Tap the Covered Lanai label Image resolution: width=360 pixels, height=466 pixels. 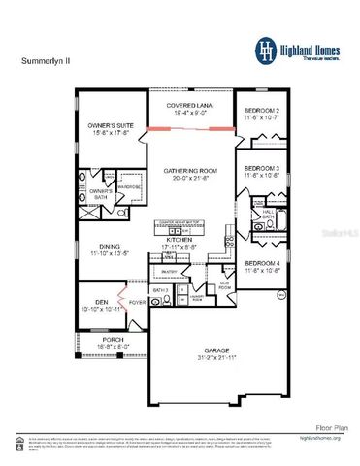(189, 105)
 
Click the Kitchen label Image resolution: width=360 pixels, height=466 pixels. (180, 238)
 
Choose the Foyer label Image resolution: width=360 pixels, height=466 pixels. (138, 302)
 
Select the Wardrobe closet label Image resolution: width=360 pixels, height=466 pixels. (130, 186)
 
